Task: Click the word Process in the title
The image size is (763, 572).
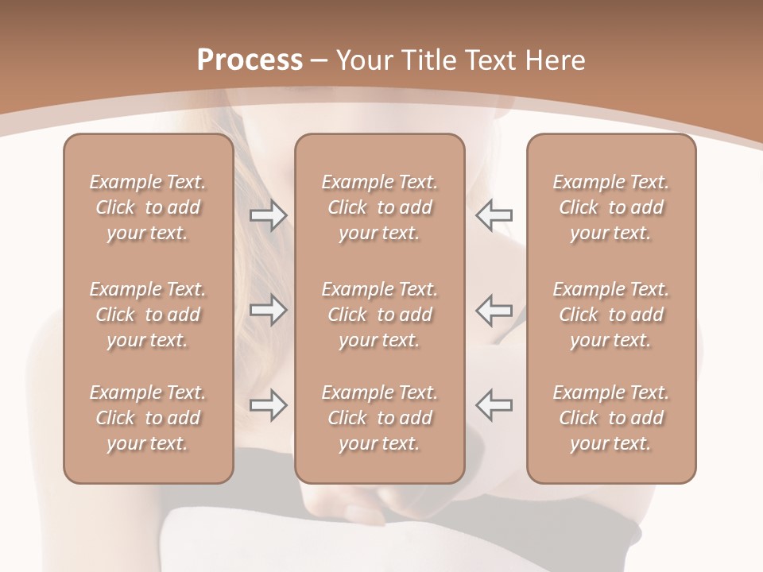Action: tap(250, 60)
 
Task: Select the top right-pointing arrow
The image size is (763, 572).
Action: tap(268, 215)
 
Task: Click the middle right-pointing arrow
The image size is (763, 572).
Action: tap(268, 310)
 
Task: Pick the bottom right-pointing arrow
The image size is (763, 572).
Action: tap(268, 405)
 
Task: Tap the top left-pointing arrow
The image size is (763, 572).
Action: tap(494, 215)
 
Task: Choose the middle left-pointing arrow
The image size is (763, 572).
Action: tap(494, 310)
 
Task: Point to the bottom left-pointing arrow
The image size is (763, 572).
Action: tap(494, 405)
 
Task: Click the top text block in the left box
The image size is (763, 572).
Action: tap(148, 207)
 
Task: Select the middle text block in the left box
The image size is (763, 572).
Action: tap(148, 315)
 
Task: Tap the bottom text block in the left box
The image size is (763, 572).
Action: tap(148, 418)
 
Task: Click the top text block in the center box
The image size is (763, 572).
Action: tap(380, 207)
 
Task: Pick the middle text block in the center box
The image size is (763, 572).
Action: tap(380, 315)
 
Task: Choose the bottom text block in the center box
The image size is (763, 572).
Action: tap(380, 418)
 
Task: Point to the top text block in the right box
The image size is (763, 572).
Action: tap(611, 207)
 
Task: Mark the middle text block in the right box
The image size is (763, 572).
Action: tap(611, 315)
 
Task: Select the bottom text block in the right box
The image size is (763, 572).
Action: tap(611, 418)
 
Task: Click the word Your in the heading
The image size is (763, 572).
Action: tap(362, 60)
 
